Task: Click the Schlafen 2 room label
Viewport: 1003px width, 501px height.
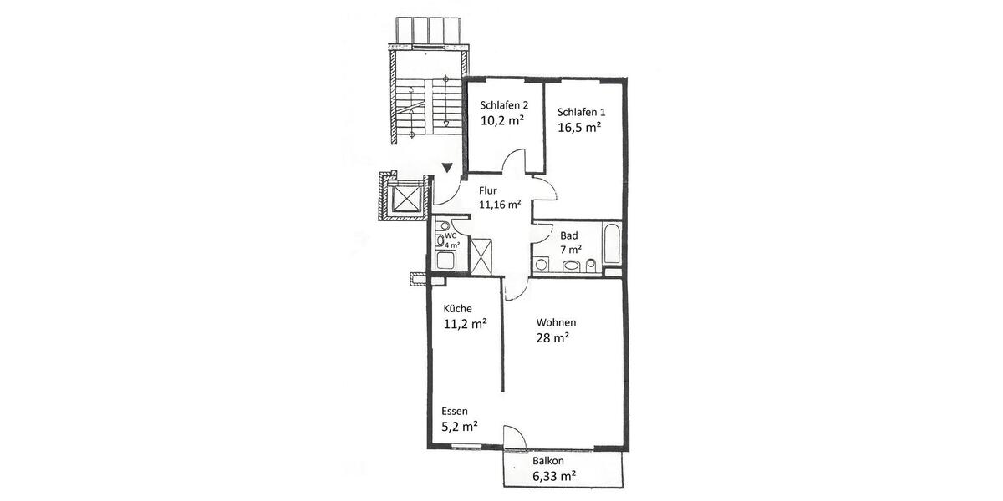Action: click(x=503, y=105)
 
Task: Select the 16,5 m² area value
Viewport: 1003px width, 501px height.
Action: click(x=580, y=128)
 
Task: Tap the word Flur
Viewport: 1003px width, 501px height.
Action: click(x=488, y=190)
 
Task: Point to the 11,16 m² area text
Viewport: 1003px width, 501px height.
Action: click(x=500, y=204)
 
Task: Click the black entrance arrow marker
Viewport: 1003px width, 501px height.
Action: click(x=449, y=168)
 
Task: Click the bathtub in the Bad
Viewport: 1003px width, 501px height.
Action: click(x=611, y=245)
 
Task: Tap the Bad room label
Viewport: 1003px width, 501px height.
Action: click(x=568, y=235)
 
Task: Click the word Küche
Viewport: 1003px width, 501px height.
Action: click(x=457, y=308)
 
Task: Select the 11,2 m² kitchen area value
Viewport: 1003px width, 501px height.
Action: click(x=466, y=325)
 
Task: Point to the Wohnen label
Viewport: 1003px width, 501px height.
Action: click(x=556, y=322)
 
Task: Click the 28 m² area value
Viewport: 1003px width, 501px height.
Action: click(x=552, y=338)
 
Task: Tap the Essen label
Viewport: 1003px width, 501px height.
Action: click(x=455, y=412)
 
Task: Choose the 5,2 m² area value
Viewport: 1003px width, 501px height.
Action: click(x=459, y=427)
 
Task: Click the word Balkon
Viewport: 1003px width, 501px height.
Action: click(x=548, y=461)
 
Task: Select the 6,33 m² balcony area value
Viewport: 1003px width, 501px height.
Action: click(x=554, y=477)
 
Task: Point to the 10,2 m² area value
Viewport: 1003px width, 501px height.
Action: click(x=501, y=120)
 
